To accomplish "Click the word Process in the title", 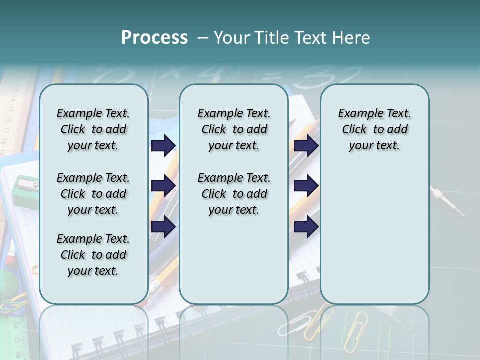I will pos(154,38).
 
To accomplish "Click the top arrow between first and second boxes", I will pos(163,145).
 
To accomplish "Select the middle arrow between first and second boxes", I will pos(163,186).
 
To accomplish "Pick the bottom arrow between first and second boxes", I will pos(163,226).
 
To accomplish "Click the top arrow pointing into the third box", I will pos(306,145).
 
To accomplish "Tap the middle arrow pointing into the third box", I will pos(306,186).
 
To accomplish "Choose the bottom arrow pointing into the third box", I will pos(306,226).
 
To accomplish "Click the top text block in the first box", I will pos(93,129).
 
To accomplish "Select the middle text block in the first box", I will pos(93,194).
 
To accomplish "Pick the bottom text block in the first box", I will pos(93,255).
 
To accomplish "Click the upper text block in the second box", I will pos(234,129).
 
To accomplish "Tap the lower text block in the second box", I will pos(234,194).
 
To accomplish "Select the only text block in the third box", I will pos(374,129).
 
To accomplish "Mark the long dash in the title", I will pos(203,38).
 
